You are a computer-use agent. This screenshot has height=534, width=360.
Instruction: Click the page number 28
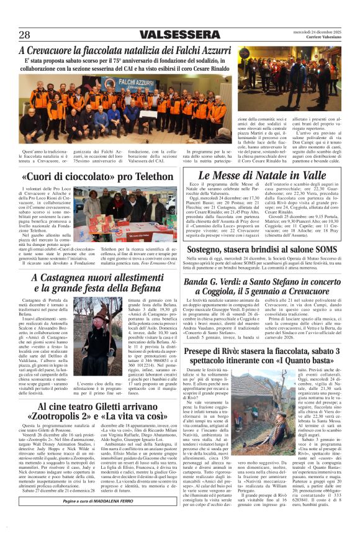coord(25,35)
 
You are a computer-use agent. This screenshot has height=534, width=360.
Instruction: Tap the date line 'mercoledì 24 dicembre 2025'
coord(317,32)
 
